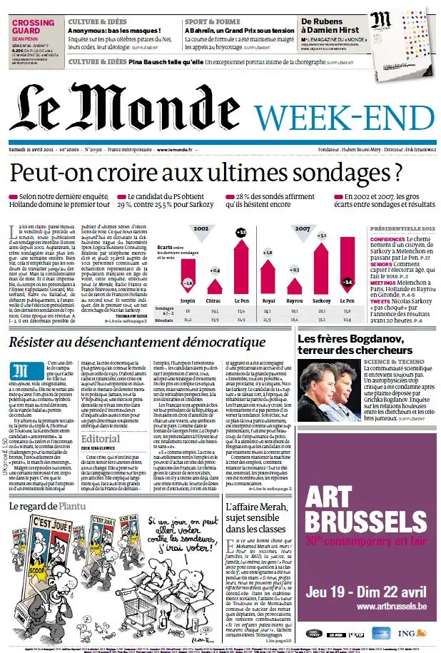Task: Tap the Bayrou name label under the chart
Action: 295,301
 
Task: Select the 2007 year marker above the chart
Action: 302,229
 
